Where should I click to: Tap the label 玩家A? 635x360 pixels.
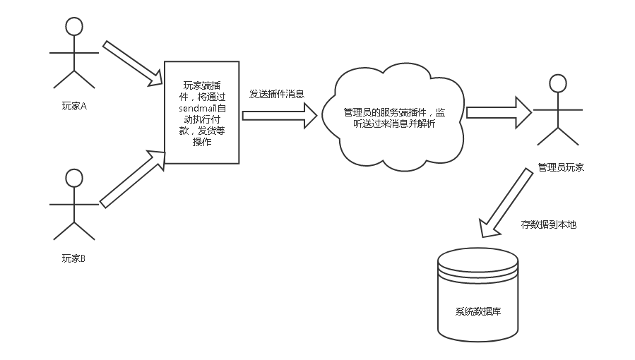73,107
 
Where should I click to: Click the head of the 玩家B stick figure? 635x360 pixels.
74,178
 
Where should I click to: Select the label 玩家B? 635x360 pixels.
73,258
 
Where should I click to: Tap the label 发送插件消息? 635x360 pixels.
277,93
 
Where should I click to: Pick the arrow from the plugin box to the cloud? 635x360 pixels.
280,115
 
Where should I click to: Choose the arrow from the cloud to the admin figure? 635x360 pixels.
499,112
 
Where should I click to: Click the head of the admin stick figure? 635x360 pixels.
558,83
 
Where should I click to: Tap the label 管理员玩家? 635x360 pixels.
561,168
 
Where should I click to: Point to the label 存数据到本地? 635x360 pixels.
549,224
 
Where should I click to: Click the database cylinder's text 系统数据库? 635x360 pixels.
478,311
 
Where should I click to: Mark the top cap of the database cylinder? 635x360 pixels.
478,258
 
